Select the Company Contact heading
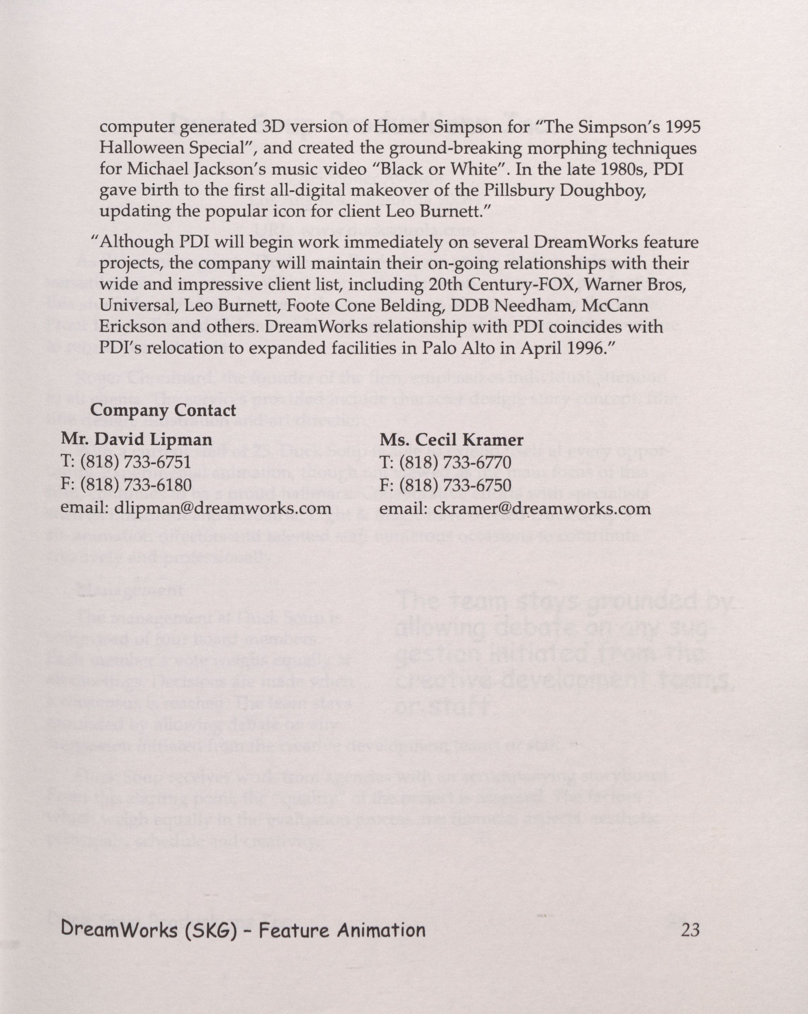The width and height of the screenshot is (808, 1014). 163,410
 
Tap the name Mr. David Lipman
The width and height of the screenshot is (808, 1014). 136,439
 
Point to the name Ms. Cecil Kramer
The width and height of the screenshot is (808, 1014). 451,439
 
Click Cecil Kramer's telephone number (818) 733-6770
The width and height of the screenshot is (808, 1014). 455,462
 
